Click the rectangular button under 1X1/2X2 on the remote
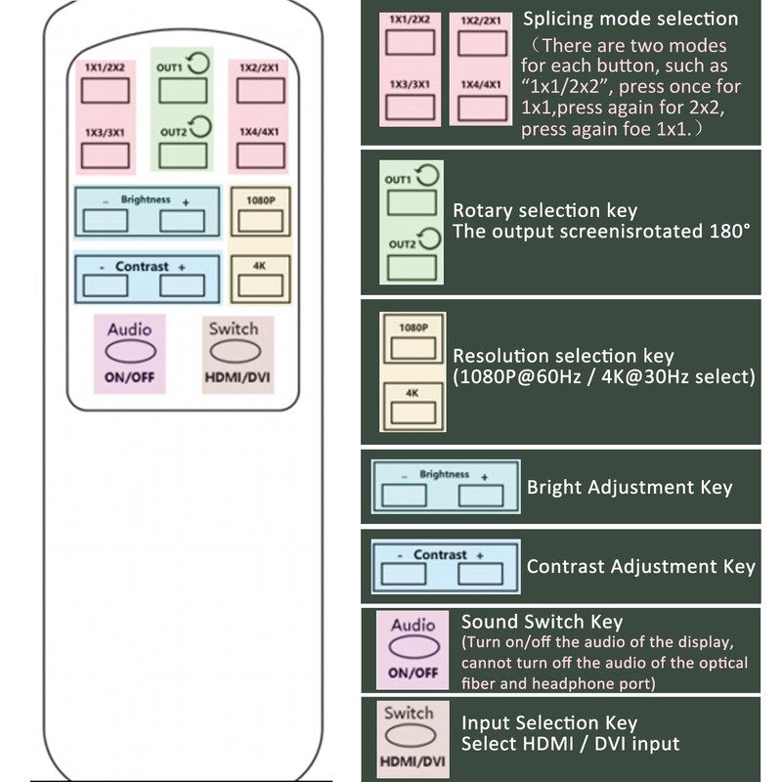[106, 91]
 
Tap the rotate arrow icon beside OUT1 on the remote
[198, 64]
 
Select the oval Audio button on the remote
[131, 352]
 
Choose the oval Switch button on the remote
[236, 352]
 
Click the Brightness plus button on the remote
[182, 221]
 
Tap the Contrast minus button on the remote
[106, 285]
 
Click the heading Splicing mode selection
[630, 19]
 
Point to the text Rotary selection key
[544, 210]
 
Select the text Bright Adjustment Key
[630, 487]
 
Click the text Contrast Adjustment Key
[641, 567]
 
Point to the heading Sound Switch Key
[543, 622]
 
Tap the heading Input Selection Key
[549, 722]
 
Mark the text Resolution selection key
[563, 356]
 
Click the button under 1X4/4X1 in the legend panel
[482, 109]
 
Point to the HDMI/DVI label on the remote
[238, 377]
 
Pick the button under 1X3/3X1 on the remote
[106, 155]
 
